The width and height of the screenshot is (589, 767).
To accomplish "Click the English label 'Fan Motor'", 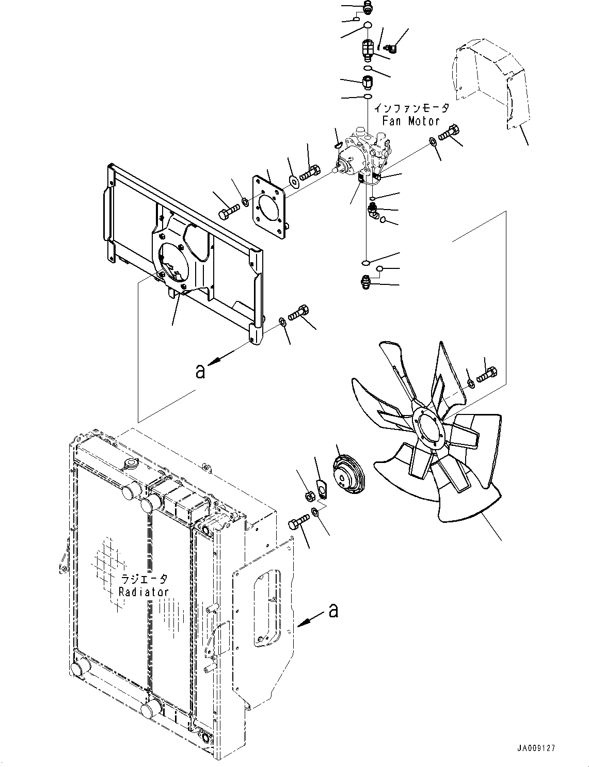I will pos(411,121).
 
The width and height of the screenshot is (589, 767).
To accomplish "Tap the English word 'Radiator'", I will pos(144,592).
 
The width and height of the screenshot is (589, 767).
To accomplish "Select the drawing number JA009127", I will pos(535,747).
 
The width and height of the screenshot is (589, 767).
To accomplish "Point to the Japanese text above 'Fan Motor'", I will pos(411,109).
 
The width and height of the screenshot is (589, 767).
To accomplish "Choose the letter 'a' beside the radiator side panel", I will pos(333,611).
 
